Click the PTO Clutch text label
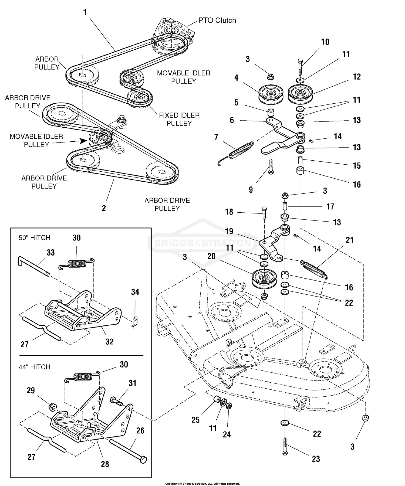click(217, 21)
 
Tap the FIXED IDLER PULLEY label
click(179, 119)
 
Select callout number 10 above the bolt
click(325, 42)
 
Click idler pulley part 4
click(271, 94)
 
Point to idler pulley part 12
click(300, 94)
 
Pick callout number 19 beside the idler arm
click(229, 231)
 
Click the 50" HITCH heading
click(34, 238)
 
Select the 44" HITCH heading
click(34, 367)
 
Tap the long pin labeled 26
click(127, 449)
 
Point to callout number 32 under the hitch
click(109, 342)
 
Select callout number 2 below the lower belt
click(104, 208)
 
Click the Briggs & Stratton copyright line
click(202, 484)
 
